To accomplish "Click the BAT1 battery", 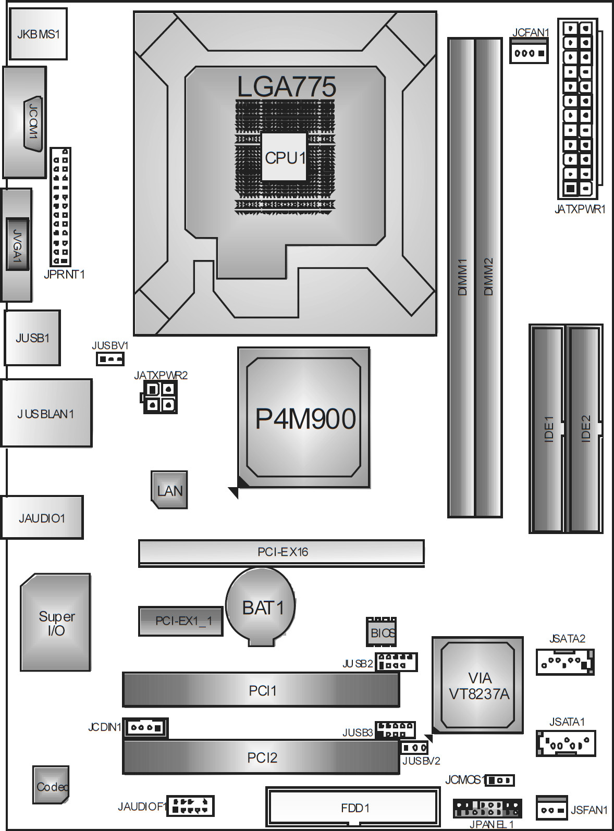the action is click(261, 606).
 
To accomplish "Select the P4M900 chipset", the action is click(304, 418).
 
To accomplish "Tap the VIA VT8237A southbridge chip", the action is click(477, 685).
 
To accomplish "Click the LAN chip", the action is click(169, 490).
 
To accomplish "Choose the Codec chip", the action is click(51, 785).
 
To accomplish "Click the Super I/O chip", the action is click(55, 622).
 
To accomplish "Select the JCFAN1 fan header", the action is click(529, 51).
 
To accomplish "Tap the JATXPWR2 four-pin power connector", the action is click(159, 397).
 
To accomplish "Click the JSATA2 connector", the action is click(565, 662).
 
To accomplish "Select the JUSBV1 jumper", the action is click(110, 359).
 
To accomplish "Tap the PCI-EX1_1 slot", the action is click(181, 621).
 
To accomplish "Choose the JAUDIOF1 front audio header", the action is click(190, 805).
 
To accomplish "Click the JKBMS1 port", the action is click(38, 34).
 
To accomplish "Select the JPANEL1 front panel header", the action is click(487, 808).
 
